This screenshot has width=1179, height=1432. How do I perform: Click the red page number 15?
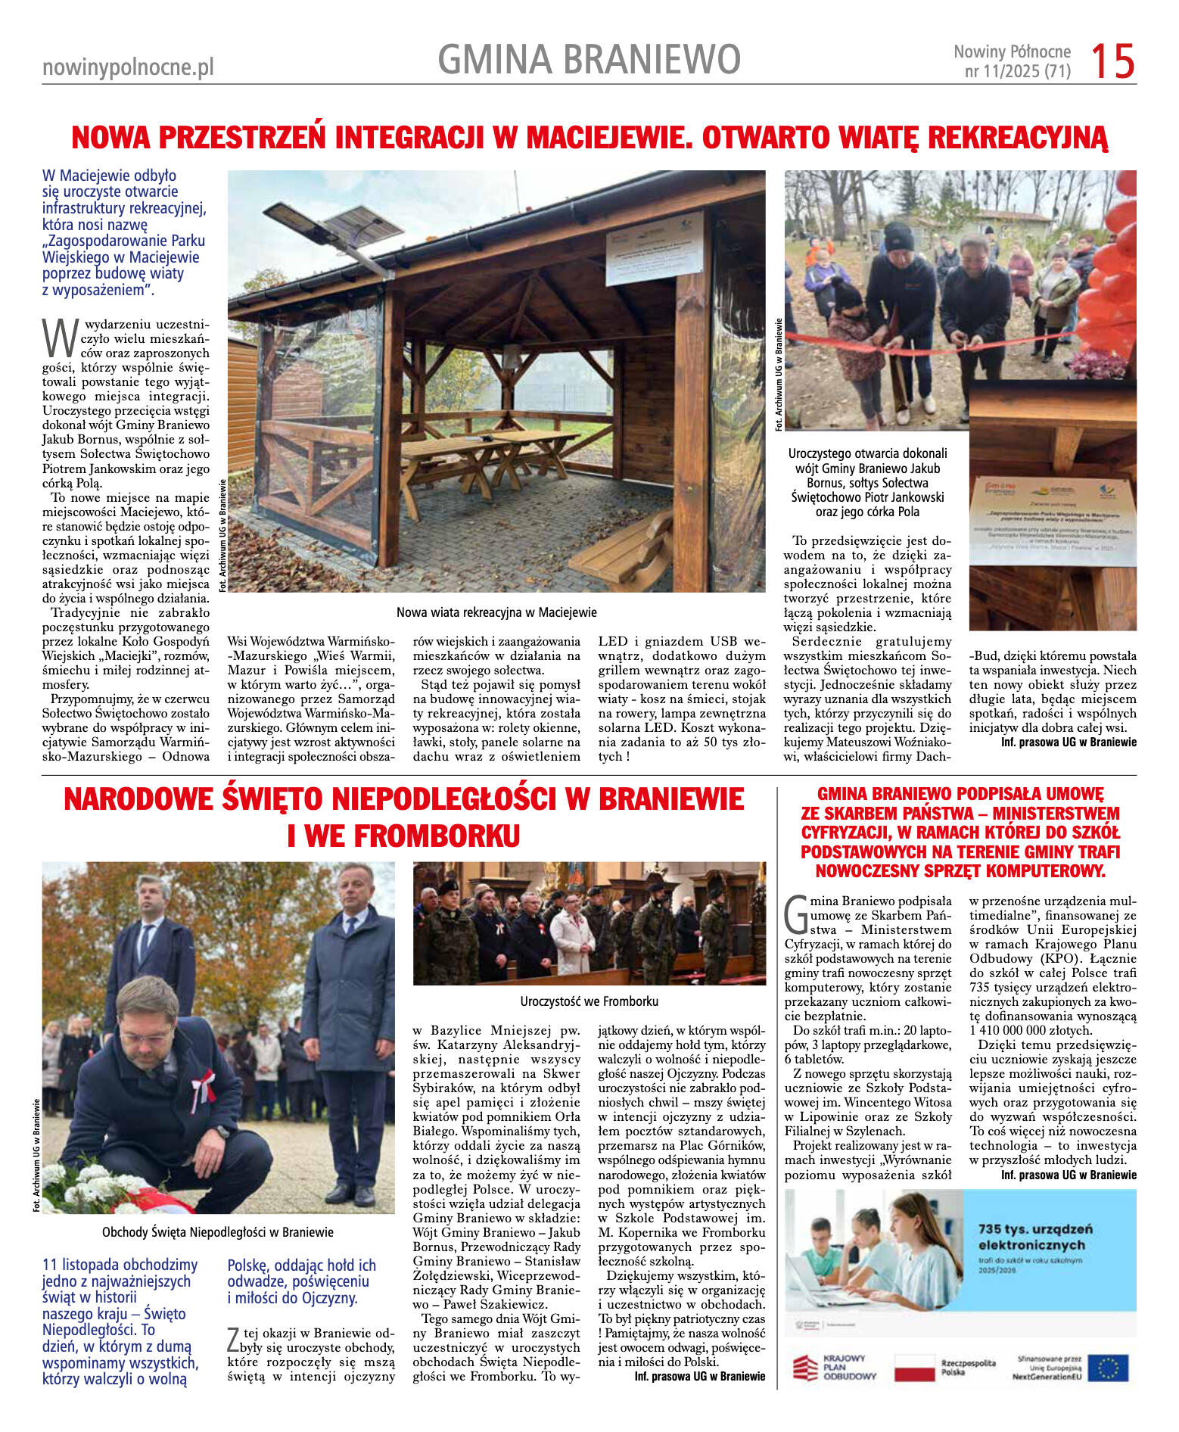[1112, 61]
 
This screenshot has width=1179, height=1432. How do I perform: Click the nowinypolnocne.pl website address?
[128, 67]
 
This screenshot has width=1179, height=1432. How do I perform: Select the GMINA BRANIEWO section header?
[589, 60]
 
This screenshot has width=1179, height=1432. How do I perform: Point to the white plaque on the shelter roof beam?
[654, 247]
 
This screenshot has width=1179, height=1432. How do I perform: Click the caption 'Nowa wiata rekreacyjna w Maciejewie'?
[496, 612]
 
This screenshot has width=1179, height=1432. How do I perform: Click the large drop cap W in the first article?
[59, 338]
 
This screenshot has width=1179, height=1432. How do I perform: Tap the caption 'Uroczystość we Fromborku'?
[589, 1001]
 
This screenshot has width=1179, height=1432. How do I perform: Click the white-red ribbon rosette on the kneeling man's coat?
[203, 1088]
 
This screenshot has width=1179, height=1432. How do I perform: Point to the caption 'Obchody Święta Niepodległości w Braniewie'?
[217, 1232]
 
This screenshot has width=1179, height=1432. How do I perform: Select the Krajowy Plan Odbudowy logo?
[832, 1368]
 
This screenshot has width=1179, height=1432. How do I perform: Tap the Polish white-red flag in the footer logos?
[914, 1368]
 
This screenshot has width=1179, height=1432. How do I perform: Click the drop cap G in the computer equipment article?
[796, 915]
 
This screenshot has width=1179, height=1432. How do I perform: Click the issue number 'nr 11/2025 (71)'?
[1017, 72]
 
